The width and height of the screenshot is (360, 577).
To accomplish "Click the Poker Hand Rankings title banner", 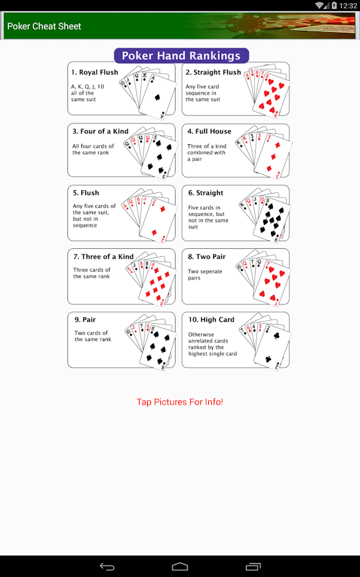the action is pyautogui.click(x=181, y=56).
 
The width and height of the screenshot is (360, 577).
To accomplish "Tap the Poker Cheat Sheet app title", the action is pyautogui.click(x=44, y=26).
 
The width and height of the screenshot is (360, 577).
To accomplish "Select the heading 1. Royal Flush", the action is pyautogui.click(x=95, y=72).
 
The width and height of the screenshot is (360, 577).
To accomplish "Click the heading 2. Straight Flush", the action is pyautogui.click(x=213, y=72).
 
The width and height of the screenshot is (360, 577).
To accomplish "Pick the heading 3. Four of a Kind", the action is pyautogui.click(x=101, y=131).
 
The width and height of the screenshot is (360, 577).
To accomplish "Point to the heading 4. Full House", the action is pyautogui.click(x=209, y=131).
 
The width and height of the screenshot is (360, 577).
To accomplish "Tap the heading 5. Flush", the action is pyautogui.click(x=86, y=193).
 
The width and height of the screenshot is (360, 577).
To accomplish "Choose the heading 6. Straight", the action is pyautogui.click(x=206, y=193).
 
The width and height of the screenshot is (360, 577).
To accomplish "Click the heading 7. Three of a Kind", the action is pyautogui.click(x=103, y=256).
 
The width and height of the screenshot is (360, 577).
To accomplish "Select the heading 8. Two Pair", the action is pyautogui.click(x=207, y=256).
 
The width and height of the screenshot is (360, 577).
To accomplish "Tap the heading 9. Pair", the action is pyautogui.click(x=85, y=319).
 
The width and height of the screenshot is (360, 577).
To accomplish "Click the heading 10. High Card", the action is pyautogui.click(x=211, y=319).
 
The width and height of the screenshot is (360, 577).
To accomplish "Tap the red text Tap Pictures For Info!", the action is pyautogui.click(x=180, y=402).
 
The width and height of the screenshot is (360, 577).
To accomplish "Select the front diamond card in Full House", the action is pyautogui.click(x=274, y=157).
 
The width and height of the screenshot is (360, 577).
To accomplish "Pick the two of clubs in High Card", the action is pyautogui.click(x=273, y=347).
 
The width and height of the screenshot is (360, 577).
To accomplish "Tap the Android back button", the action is pyautogui.click(x=107, y=567).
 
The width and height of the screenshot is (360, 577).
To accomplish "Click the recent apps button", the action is pyautogui.click(x=253, y=567).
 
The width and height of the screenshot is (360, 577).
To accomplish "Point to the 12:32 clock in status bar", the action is pyautogui.click(x=348, y=6).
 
